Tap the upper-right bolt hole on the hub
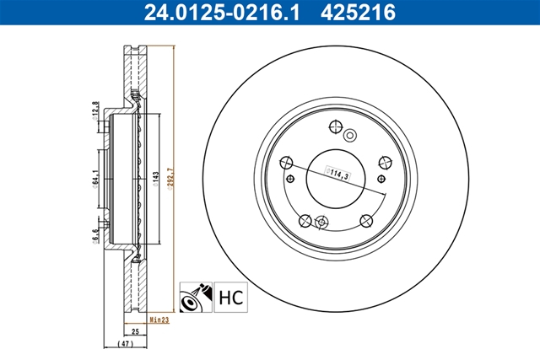[386, 163]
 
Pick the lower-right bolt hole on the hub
[366, 220]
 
